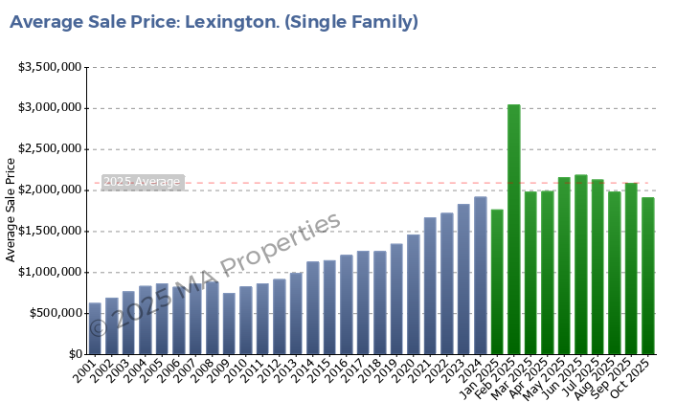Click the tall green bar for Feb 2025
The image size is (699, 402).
tap(514, 230)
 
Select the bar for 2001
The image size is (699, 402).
tap(95, 328)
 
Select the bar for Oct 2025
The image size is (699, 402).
tap(648, 276)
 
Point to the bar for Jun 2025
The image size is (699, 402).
tap(581, 264)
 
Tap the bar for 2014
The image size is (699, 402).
tap(313, 307)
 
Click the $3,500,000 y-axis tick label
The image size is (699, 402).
tap(49, 67)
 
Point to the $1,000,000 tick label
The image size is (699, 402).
tap(49, 273)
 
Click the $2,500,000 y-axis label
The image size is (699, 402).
tap(49, 149)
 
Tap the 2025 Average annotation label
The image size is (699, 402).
tap(142, 182)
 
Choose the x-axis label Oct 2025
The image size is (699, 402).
tap(636, 375)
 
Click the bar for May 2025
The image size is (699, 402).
tap(564, 265)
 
